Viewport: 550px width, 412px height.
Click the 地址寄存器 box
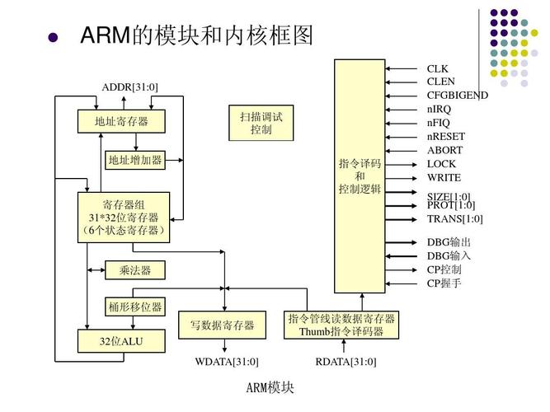[121, 121]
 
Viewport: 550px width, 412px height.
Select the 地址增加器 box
[134, 160]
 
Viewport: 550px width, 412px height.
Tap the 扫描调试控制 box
[261, 124]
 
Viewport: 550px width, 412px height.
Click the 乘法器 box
[134, 269]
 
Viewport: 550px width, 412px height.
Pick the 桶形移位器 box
[134, 307]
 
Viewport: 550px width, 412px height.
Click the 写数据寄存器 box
[223, 325]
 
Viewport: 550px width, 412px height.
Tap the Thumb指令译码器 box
[341, 325]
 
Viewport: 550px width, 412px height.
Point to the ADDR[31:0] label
[129, 87]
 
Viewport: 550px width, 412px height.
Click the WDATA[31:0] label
[227, 362]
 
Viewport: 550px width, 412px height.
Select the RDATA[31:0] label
[346, 362]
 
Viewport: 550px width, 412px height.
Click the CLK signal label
[437, 68]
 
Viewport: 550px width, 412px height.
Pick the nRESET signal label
[445, 137]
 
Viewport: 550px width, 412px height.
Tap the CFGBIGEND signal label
[457, 96]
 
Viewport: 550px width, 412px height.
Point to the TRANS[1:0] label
[454, 219]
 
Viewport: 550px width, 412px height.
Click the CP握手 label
[444, 283]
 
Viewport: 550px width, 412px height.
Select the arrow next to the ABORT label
[403, 150]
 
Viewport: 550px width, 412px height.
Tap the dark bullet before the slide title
[54, 39]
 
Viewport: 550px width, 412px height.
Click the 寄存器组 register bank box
[124, 218]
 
